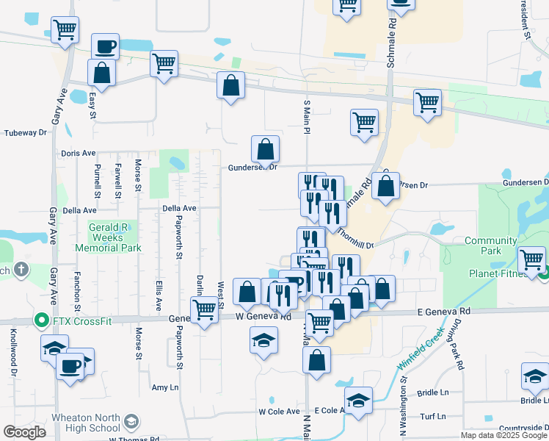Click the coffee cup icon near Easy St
(x=105, y=46)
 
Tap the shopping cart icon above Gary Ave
(x=65, y=30)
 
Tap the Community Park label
(x=491, y=245)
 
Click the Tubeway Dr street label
(x=26, y=133)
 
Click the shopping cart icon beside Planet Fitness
(x=531, y=259)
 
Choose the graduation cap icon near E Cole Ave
(x=358, y=401)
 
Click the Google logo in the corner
(x=25, y=432)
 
